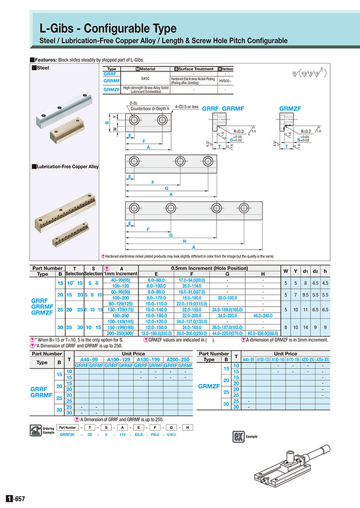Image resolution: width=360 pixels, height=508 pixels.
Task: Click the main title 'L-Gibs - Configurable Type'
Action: coord(107,28)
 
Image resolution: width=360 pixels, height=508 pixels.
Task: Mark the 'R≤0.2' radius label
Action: coord(306,131)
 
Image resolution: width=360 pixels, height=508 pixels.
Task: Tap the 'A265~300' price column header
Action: coord(322,359)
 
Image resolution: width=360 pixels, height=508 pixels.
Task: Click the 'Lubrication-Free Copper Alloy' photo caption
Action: coord(66,166)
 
